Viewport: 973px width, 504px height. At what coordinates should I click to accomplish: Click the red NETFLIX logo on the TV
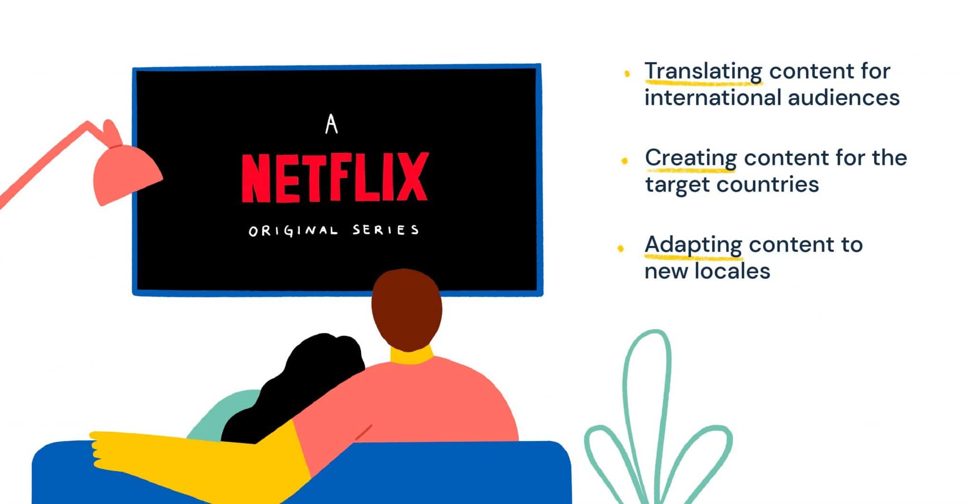pos(335,177)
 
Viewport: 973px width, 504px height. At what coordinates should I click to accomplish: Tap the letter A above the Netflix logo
pos(332,124)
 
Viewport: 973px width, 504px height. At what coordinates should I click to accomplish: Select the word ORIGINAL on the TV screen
pos(293,231)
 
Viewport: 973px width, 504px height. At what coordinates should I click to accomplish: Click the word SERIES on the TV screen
pos(386,230)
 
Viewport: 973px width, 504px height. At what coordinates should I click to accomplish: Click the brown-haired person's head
pos(407,309)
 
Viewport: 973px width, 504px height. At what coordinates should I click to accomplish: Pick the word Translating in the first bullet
pos(703,72)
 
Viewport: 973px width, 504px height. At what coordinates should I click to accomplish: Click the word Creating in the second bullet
pos(691,158)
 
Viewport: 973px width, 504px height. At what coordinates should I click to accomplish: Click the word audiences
pos(844,97)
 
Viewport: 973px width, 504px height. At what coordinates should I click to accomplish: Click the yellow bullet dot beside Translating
pos(627,73)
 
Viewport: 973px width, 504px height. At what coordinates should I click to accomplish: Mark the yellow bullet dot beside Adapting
pos(620,248)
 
